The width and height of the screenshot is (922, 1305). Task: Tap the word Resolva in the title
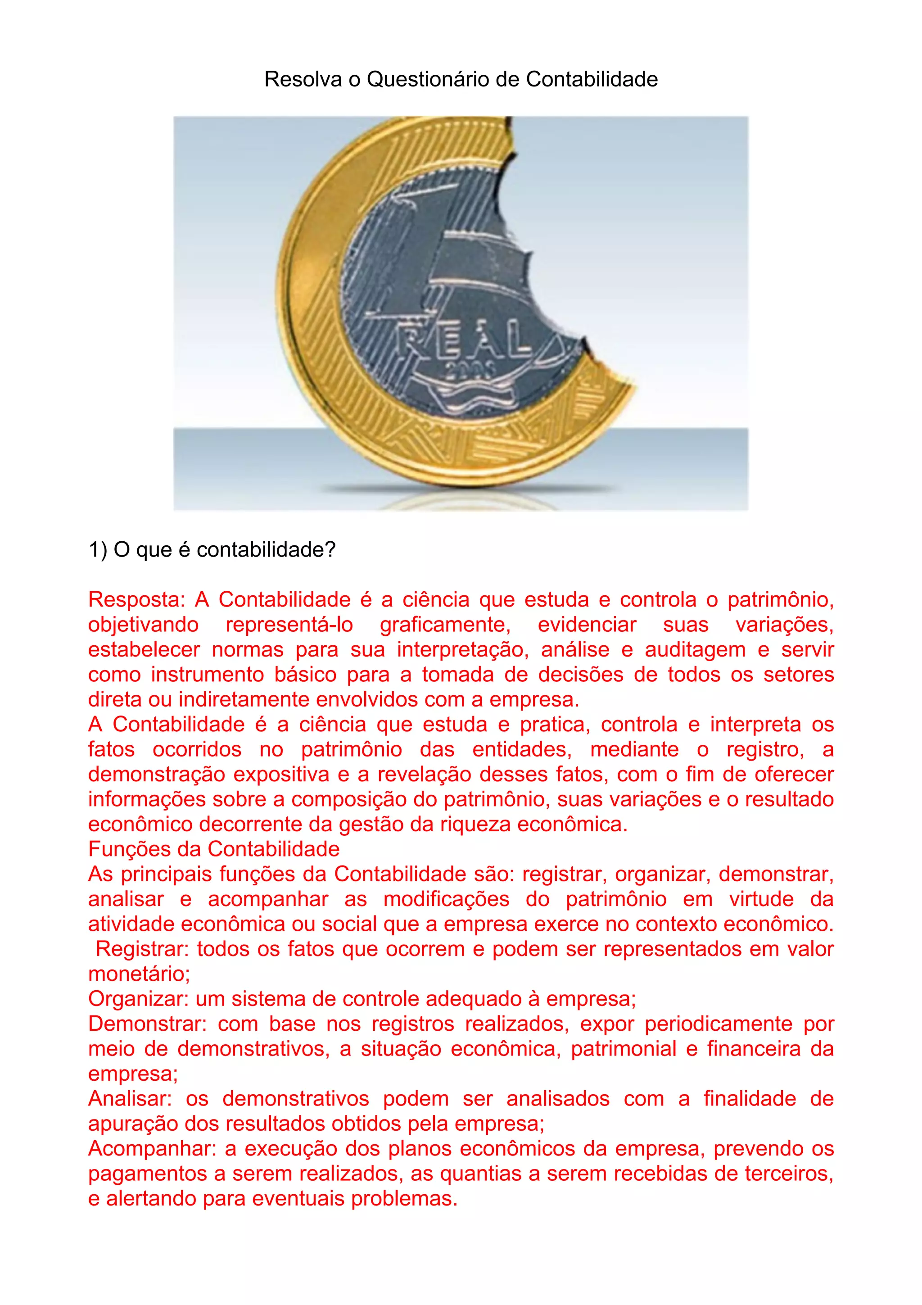pyautogui.click(x=303, y=79)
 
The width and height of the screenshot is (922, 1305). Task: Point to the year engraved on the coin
pyautogui.click(x=471, y=371)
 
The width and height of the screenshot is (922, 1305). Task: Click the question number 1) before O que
pyautogui.click(x=98, y=550)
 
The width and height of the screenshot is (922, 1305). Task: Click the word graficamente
pyautogui.click(x=445, y=625)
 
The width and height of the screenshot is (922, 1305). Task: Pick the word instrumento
pyautogui.click(x=208, y=675)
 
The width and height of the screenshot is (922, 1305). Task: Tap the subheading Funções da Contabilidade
pyautogui.click(x=213, y=849)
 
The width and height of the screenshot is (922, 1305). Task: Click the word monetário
pyautogui.click(x=139, y=974)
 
